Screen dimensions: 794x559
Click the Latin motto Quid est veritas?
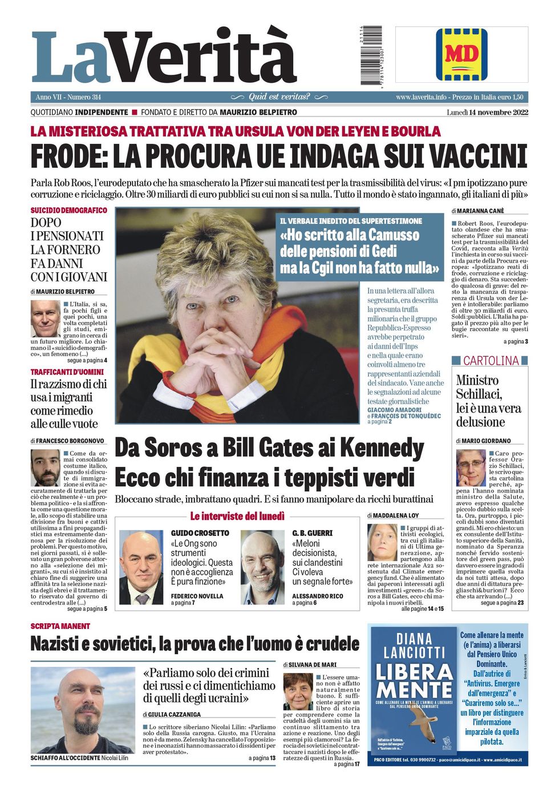pyautogui.click(x=279, y=97)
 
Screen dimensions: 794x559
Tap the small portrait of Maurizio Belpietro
pyautogui.click(x=45, y=319)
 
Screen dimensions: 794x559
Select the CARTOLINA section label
pyautogui.click(x=491, y=361)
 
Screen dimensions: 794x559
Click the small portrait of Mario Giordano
pyautogui.click(x=471, y=468)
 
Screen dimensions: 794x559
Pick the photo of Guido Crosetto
pyautogui.click(x=141, y=567)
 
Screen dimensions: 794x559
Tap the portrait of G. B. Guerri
pyautogui.click(x=262, y=567)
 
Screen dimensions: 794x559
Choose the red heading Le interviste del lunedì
pyautogui.click(x=237, y=517)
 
